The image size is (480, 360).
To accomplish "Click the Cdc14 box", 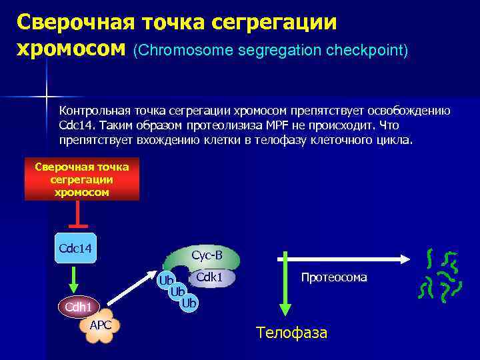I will (75, 248).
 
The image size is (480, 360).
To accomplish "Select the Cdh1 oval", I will (78, 307).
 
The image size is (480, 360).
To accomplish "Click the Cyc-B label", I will (207, 255).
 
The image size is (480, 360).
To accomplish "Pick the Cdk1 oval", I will (213, 276).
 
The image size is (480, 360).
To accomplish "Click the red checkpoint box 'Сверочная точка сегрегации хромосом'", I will (82, 179).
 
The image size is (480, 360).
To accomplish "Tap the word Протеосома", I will (333, 277).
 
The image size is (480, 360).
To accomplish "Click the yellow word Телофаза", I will (291, 333).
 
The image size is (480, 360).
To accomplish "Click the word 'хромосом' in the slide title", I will (71, 48).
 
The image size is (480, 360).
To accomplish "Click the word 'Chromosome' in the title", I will (177, 50).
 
